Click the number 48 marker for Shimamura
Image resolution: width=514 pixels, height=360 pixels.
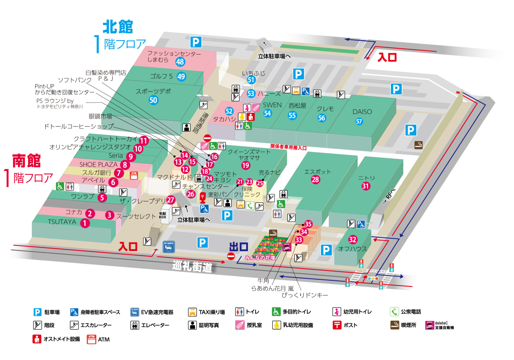180,62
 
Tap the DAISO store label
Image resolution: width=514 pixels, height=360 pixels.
362,112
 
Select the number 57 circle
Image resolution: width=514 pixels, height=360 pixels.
359,121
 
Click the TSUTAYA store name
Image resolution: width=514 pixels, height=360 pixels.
62,222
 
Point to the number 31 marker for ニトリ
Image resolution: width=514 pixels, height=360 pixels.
366,186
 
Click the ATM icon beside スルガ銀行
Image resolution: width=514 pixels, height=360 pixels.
134,176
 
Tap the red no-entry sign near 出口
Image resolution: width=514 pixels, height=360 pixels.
231,256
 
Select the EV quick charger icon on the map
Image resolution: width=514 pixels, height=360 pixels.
169,247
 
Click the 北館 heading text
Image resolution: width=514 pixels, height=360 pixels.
118,27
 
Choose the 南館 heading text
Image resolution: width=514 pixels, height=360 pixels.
26,161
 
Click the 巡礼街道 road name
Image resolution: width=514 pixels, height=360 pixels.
192,266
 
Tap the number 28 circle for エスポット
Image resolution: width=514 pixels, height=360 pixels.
315,179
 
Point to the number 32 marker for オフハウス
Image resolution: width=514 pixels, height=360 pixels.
353,239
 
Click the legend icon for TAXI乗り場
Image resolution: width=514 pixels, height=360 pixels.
192,312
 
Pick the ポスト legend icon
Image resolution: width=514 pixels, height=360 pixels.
337,325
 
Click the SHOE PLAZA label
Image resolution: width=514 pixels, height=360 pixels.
98,165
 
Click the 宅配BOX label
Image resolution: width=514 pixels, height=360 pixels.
162,215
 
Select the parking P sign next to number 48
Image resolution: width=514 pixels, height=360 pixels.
196,42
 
